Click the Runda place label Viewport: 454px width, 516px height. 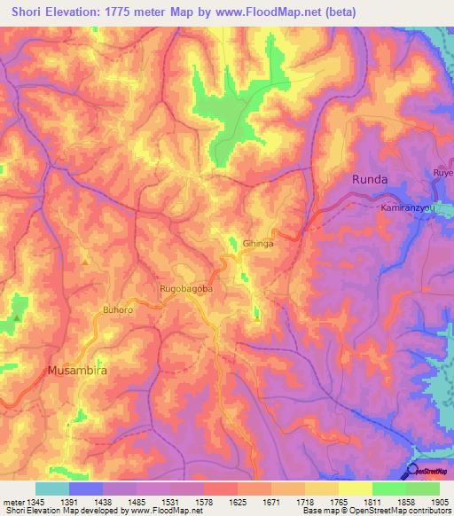[x=370, y=179]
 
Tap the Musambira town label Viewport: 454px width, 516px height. [x=77, y=371]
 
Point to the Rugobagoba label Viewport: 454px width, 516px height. [x=185, y=289]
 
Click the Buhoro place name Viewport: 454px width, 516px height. [x=118, y=310]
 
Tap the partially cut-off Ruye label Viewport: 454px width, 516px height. [x=442, y=172]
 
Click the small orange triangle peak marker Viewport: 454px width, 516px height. [x=85, y=262]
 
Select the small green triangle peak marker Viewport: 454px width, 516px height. [x=17, y=317]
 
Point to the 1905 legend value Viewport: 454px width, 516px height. [x=439, y=501]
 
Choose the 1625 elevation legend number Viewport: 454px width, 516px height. [x=238, y=501]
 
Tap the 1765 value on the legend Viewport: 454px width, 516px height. [x=339, y=501]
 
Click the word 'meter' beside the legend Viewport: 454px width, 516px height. [x=13, y=501]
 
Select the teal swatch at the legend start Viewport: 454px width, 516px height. [x=52, y=489]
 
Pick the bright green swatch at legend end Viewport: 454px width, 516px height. [x=422, y=489]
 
